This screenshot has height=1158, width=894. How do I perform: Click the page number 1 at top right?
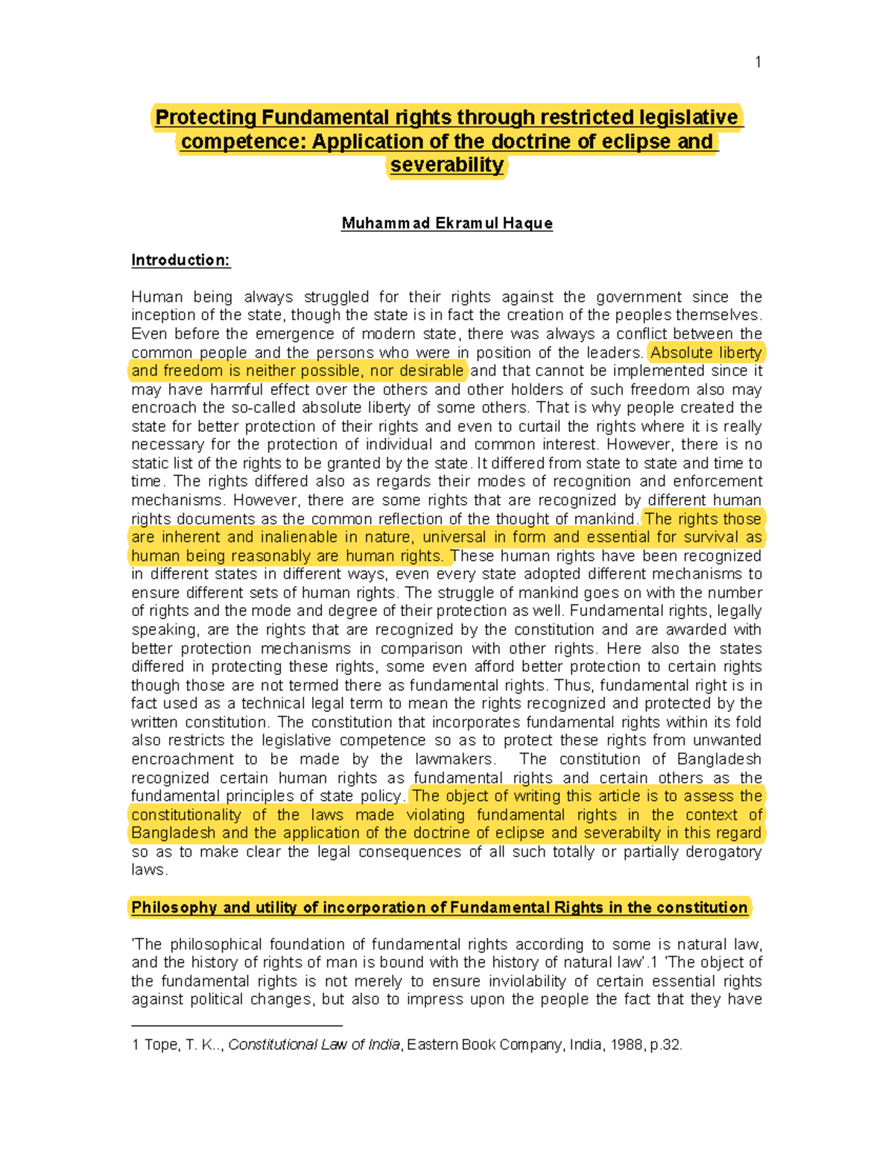click(x=758, y=63)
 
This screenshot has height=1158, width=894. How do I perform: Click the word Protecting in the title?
click(x=205, y=118)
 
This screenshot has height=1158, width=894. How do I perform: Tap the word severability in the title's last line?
click(x=447, y=166)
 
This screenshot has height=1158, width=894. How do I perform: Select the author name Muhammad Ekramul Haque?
click(x=447, y=224)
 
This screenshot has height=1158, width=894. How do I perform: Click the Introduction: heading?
click(x=181, y=260)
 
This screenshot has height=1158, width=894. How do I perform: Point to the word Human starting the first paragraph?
click(x=155, y=298)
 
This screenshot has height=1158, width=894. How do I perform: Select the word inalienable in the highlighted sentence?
click(x=299, y=538)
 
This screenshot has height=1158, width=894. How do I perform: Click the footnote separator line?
click(x=236, y=1026)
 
